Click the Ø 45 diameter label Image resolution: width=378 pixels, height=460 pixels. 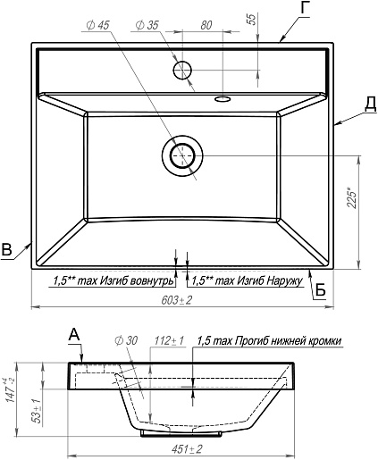(97, 25)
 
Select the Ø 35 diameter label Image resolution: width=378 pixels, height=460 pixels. (147, 25)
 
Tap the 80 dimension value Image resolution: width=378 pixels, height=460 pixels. (206, 25)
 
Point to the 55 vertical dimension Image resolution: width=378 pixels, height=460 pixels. (252, 20)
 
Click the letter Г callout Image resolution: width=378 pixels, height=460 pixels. (305, 8)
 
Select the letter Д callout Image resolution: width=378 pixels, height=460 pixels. (370, 105)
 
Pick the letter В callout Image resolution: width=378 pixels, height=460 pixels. (6, 249)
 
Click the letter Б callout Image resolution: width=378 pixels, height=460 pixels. (320, 289)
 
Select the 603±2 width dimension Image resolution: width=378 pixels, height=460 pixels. (177, 300)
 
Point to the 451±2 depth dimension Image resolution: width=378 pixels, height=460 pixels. (187, 449)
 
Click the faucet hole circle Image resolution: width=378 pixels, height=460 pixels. (182, 70)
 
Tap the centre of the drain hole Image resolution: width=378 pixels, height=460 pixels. (182, 155)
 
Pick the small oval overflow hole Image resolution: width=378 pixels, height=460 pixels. (223, 98)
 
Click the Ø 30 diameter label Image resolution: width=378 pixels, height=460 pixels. (126, 340)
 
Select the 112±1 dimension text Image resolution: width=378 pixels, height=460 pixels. (169, 340)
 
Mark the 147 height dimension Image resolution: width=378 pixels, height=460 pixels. (11, 390)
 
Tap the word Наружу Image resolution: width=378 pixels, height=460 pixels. (284, 280)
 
